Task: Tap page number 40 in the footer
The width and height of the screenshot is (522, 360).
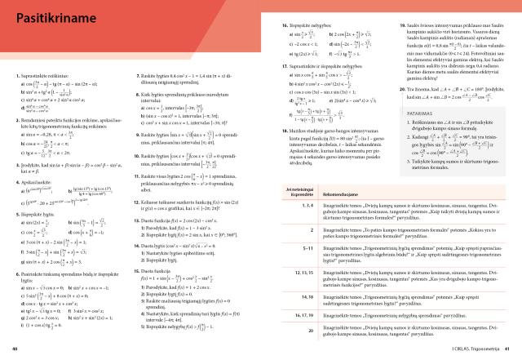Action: [x=14, y=350]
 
